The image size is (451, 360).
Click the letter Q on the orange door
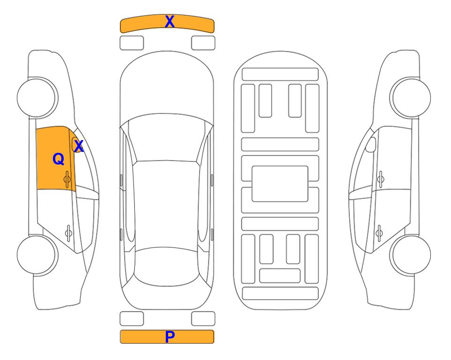(59, 159)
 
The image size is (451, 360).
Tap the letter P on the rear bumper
(170, 337)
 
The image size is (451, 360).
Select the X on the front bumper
(170, 22)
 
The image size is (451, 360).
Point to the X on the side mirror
(79, 146)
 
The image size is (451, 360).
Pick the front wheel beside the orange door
(37, 98)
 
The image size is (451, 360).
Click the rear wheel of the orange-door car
(37, 255)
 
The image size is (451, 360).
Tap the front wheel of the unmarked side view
(410, 98)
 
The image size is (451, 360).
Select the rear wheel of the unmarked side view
(410, 255)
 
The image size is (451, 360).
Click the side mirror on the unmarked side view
(371, 144)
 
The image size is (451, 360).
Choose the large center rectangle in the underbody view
(280, 184)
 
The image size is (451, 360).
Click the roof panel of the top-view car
(166, 204)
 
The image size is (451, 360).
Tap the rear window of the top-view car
(167, 266)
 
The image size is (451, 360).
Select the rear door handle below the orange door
(68, 232)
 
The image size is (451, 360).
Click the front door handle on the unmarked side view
(380, 180)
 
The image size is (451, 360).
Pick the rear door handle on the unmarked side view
(379, 232)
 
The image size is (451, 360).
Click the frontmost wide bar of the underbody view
(280, 75)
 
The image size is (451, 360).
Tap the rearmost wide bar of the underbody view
(280, 293)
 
